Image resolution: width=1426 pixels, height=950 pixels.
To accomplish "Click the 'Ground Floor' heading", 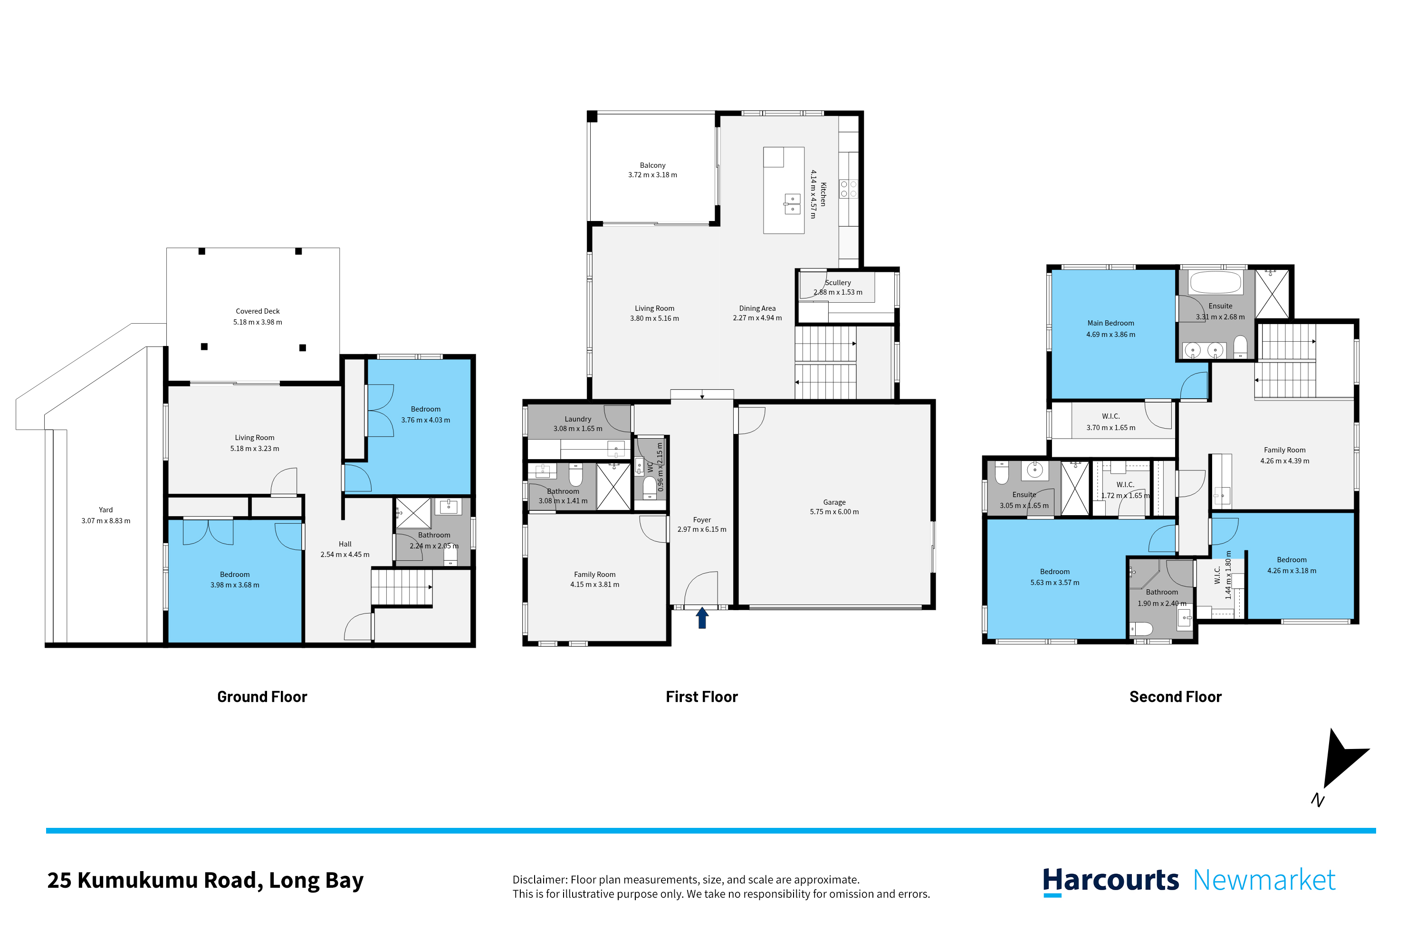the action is click(262, 697).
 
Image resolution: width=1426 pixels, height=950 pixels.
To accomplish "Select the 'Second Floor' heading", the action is click(1175, 697).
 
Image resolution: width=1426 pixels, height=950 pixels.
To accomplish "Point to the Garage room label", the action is click(834, 502).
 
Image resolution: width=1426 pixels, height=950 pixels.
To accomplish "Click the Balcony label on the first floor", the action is click(652, 165).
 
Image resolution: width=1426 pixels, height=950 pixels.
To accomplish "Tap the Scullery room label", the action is click(838, 283).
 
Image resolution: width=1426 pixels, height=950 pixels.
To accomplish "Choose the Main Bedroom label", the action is click(1110, 324).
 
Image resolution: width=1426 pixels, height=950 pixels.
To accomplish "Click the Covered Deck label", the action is click(258, 311).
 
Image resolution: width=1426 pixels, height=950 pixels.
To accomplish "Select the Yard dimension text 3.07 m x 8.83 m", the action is click(106, 521).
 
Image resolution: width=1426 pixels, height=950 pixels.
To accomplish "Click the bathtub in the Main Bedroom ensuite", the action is click(1215, 282).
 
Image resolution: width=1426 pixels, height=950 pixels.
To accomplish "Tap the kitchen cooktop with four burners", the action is click(848, 188).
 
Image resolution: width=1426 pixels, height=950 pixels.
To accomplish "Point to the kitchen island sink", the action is click(792, 203).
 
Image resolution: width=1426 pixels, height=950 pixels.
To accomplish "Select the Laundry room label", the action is click(577, 419).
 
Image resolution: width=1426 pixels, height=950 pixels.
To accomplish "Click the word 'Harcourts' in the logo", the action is click(1110, 880).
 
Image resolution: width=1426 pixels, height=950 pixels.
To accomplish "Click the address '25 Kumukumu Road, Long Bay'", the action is click(205, 880).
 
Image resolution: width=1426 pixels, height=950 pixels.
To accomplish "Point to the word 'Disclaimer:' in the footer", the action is click(540, 880).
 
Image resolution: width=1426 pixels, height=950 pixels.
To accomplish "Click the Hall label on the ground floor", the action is click(345, 544).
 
